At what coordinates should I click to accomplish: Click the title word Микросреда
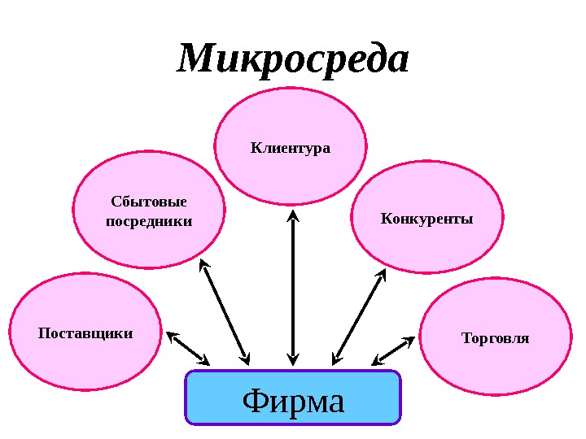tap(293, 60)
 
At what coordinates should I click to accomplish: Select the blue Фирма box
tap(293, 398)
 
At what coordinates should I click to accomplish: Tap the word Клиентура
tap(291, 148)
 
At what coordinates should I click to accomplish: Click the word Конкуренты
tap(426, 219)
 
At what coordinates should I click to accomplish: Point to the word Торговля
tap(495, 337)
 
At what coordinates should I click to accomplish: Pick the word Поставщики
tap(85, 333)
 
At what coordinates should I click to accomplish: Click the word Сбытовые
tap(149, 202)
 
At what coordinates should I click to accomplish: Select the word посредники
tap(149, 220)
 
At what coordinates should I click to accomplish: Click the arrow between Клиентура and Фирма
tap(292, 285)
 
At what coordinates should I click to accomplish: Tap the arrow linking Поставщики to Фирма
tap(188, 348)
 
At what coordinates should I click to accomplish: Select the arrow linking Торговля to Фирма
tap(394, 350)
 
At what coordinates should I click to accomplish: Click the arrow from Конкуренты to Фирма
tap(359, 316)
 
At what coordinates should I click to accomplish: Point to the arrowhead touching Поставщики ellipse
tap(172, 336)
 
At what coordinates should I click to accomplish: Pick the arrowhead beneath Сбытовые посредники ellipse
tap(203, 264)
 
